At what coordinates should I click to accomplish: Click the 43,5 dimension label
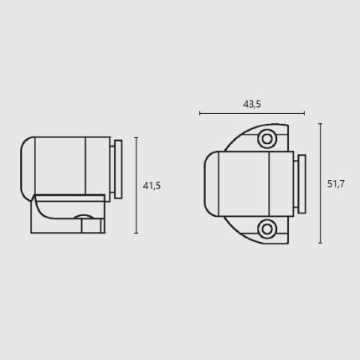pyautogui.click(x=252, y=105)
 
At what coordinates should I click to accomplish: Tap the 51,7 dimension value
pyautogui.click(x=336, y=184)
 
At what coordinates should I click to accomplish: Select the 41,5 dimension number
pyautogui.click(x=152, y=186)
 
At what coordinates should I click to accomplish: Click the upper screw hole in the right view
pyautogui.click(x=267, y=139)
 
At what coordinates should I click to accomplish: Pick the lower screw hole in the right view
pyautogui.click(x=267, y=229)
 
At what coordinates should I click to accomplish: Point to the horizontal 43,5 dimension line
pyautogui.click(x=252, y=113)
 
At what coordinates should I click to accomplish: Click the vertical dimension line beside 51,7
pyautogui.click(x=321, y=183)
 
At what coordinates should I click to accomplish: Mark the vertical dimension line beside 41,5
pyautogui.click(x=136, y=185)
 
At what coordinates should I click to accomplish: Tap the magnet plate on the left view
pyautogui.click(x=118, y=169)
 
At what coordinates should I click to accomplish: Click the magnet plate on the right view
pyautogui.click(x=301, y=183)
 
